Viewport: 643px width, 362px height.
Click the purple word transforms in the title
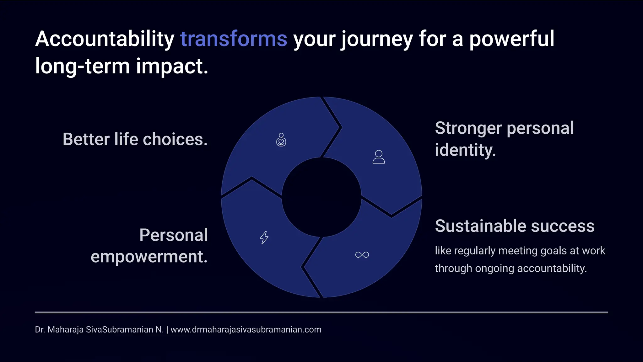click(x=233, y=39)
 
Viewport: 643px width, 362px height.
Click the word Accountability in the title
click(x=105, y=39)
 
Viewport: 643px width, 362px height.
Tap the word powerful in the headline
click(x=511, y=39)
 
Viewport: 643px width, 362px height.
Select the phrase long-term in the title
click(x=82, y=66)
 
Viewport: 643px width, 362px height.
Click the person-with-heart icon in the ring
click(x=281, y=140)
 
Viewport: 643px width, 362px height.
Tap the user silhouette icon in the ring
click(x=378, y=157)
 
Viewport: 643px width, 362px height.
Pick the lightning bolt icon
click(x=264, y=237)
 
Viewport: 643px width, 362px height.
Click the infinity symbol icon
click(x=362, y=255)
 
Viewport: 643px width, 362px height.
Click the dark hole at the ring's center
click(x=321, y=197)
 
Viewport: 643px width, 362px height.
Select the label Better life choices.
click(x=135, y=139)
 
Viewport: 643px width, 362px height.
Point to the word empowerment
click(x=149, y=257)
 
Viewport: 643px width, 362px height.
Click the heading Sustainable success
click(x=515, y=226)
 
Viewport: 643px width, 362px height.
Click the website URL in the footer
click(x=246, y=330)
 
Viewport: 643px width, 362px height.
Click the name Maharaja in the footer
click(x=65, y=330)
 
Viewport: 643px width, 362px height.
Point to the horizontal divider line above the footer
click(x=321, y=312)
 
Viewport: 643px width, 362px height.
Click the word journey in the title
click(x=377, y=40)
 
